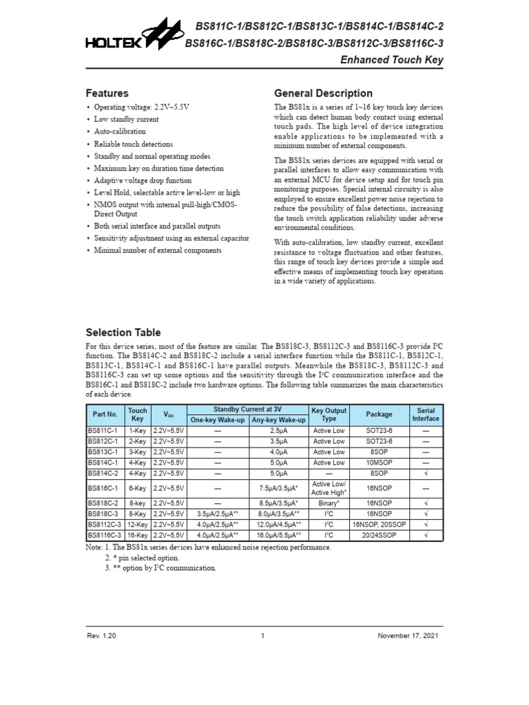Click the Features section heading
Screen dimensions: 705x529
(107, 93)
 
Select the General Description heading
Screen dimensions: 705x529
(323, 93)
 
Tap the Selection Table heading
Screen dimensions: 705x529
(123, 332)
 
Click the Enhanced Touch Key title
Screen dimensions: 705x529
(393, 60)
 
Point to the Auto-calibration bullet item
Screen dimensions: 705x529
(120, 131)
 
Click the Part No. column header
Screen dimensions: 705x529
(105, 414)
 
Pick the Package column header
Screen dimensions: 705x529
(379, 414)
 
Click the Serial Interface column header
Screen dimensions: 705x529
(426, 414)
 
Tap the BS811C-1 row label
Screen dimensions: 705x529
(104, 430)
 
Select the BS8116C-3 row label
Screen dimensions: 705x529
(105, 534)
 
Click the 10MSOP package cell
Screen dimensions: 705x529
(379, 463)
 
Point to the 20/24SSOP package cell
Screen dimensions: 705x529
(379, 534)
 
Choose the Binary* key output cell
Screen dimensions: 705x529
(329, 503)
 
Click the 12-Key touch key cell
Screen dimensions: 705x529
(138, 524)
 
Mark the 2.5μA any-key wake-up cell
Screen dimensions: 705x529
(278, 430)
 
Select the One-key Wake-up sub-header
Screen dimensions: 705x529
(218, 419)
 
